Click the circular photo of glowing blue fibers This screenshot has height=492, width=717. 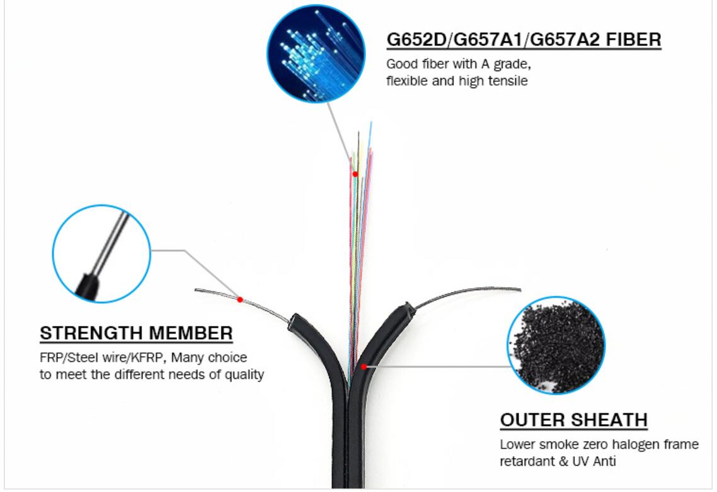(316, 53)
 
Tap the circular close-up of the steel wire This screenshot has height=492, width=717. (101, 254)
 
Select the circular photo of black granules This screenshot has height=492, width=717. (556, 345)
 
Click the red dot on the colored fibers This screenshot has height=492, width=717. (355, 174)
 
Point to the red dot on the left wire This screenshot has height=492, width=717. (240, 299)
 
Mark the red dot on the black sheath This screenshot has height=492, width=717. (364, 366)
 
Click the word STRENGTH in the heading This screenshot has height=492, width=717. (91, 333)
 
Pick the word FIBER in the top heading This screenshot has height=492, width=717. (634, 39)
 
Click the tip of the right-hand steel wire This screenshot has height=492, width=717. (520, 289)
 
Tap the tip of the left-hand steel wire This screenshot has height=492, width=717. (196, 289)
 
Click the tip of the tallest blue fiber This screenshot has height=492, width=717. (371, 122)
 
